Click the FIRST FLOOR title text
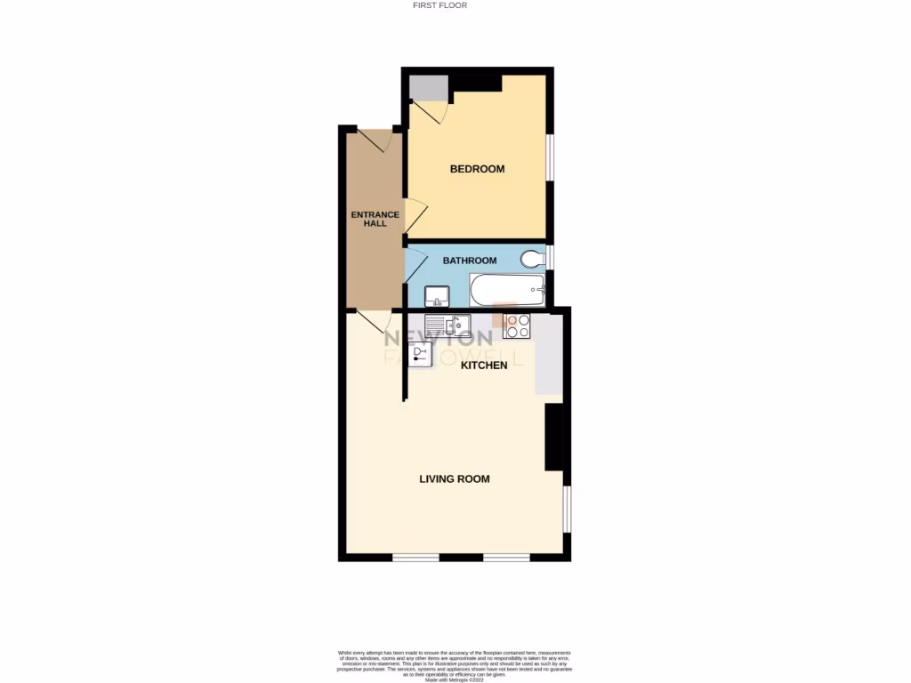coord(439,5)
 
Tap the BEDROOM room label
coord(477,169)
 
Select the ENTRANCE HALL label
coord(375,219)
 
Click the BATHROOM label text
coord(470,261)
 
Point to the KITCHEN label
coord(483,366)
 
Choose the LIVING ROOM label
coord(455,479)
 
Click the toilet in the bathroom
coord(532,259)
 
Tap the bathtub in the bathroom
coord(506,288)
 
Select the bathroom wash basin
coord(437,294)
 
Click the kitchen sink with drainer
coord(447,325)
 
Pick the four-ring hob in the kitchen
coord(517,326)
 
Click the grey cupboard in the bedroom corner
coord(427,88)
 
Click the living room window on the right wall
coord(567,510)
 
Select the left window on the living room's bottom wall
coord(416,558)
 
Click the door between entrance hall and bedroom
coord(415,216)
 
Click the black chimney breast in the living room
coord(554,437)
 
